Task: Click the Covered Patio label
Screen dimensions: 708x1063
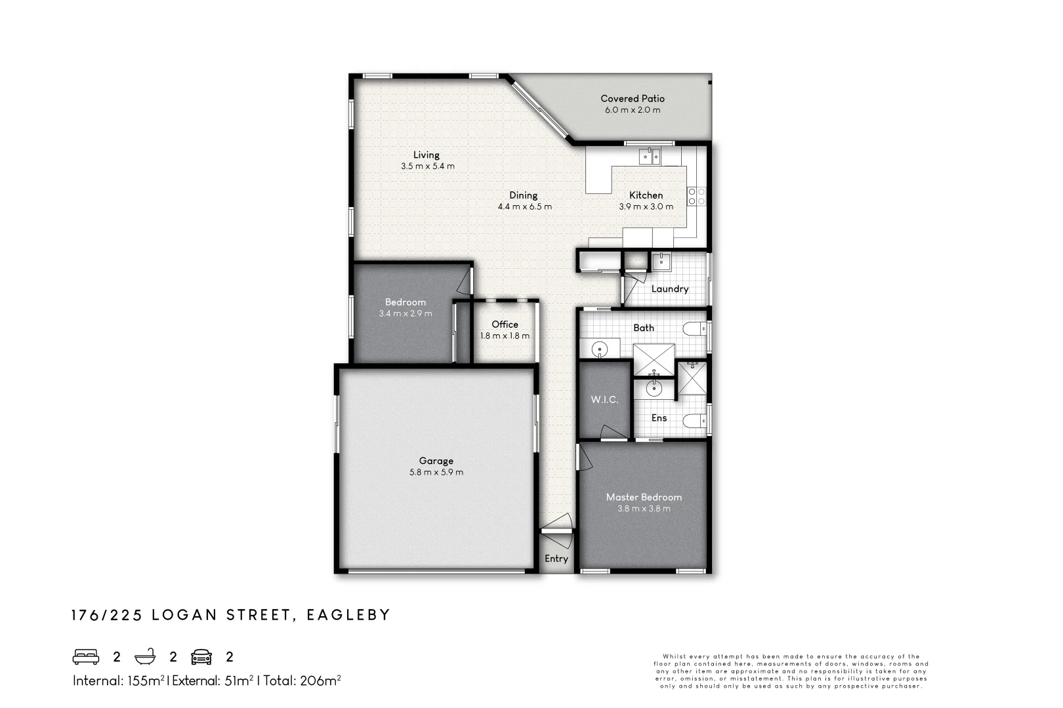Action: [x=633, y=99]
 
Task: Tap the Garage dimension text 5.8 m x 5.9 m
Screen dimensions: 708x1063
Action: [x=436, y=472]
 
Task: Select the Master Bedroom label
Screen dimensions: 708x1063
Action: [x=644, y=497]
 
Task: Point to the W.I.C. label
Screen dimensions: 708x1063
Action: [x=604, y=399]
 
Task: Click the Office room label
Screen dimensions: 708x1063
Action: [x=505, y=324]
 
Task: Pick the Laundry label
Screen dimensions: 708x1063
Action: [x=670, y=289]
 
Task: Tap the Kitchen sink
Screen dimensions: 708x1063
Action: [x=650, y=156]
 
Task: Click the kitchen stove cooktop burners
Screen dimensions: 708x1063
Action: [x=696, y=196]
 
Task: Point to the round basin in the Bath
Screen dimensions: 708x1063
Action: [x=600, y=349]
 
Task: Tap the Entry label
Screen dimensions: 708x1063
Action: [x=556, y=559]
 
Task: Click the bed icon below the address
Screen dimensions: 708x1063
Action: [x=86, y=657]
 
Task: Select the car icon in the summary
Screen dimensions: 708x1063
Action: [x=201, y=657]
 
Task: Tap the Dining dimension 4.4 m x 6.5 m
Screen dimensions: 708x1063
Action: [x=524, y=206]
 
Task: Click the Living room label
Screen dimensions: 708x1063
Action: [x=426, y=155]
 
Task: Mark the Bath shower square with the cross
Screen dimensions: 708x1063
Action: [x=654, y=359]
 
